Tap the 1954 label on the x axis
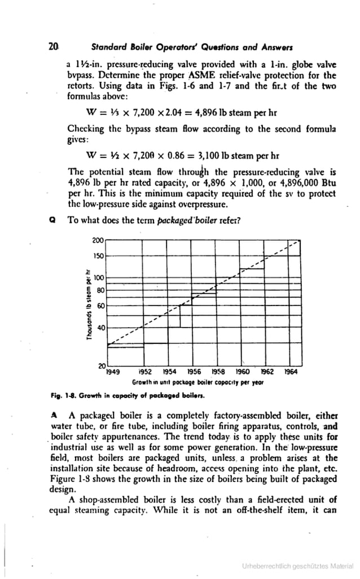(169, 372)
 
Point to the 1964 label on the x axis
(291, 372)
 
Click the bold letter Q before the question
(52, 220)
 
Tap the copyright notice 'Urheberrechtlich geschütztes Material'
(297, 565)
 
